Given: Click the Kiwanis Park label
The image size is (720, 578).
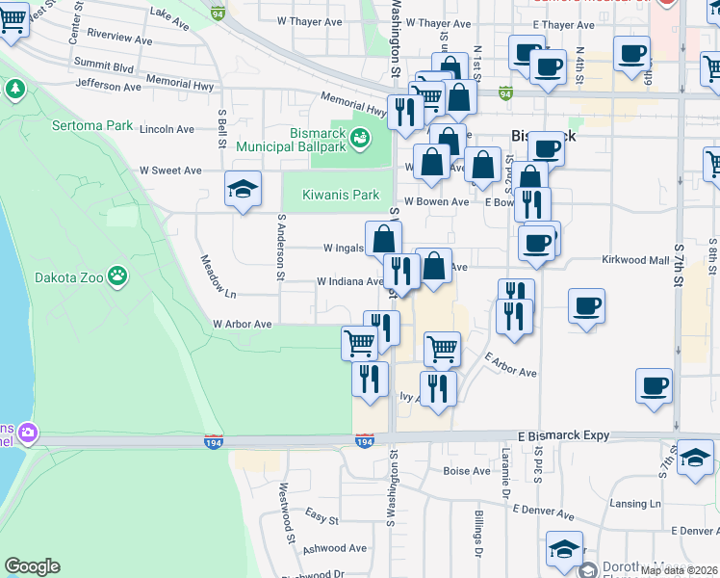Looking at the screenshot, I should (x=341, y=195).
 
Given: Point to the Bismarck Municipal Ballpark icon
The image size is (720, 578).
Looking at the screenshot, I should (x=361, y=139).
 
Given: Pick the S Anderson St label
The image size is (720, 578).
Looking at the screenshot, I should (x=281, y=253).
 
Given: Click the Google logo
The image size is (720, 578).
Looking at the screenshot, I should (x=32, y=566).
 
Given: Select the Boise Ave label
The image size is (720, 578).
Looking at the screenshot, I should (x=467, y=471).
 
